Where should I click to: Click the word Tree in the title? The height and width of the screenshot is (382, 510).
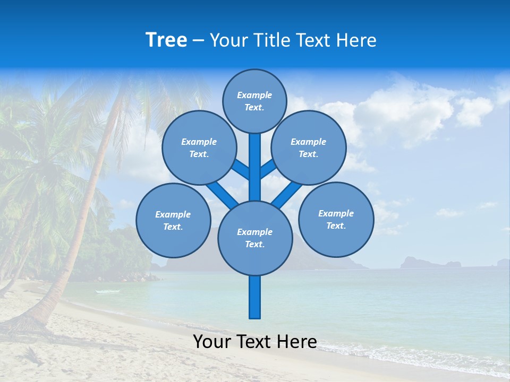coord(166,40)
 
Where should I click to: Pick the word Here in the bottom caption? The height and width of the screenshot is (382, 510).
coord(297,342)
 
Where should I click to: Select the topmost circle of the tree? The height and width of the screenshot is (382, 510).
coord(254,101)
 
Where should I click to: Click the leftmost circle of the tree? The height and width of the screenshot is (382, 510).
coord(173,220)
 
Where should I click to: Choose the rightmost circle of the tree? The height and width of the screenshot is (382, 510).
coord(336,219)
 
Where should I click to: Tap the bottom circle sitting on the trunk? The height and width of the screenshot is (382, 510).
coord(255,238)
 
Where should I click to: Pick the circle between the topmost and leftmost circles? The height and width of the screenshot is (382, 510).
coord(199,147)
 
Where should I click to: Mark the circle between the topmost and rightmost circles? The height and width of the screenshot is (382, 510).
coord(308,147)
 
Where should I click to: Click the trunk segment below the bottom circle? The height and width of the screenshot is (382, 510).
coord(255,297)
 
